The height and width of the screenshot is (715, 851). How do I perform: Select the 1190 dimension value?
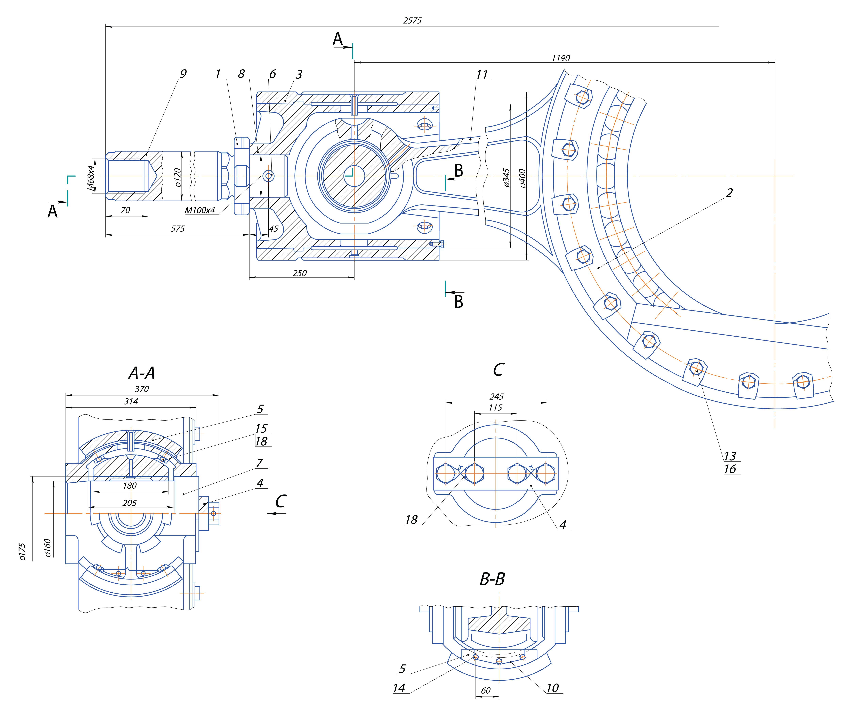click(x=560, y=58)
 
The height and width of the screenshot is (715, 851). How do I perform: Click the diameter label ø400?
click(x=522, y=178)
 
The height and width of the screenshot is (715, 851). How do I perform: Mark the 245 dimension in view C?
click(x=496, y=397)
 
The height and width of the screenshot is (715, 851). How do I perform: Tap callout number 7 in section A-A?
click(x=259, y=463)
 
